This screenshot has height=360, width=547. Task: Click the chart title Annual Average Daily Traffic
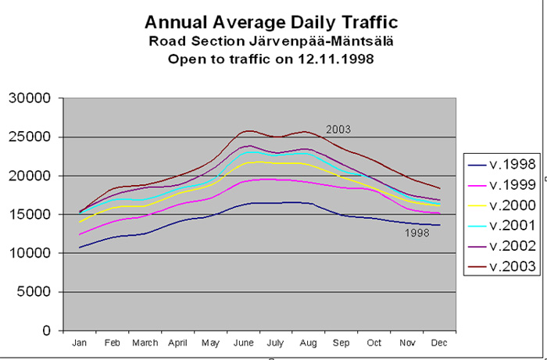[x=271, y=22]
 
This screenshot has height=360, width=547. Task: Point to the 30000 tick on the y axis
[x=30, y=98]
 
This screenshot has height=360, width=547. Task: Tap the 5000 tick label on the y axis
[x=34, y=292]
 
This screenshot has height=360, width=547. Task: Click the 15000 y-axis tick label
[x=30, y=215]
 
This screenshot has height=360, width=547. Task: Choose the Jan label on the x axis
[x=79, y=342]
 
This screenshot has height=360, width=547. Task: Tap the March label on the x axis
[x=145, y=342]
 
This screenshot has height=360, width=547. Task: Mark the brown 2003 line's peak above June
[x=248, y=130]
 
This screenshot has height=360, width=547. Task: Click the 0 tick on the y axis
[x=49, y=331]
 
